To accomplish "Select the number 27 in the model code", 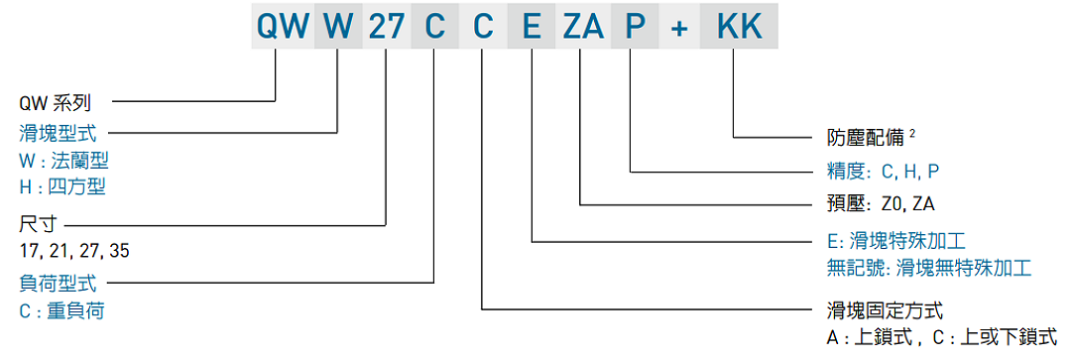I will (386, 27).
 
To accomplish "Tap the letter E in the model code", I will (533, 27).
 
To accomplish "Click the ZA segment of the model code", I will (582, 27).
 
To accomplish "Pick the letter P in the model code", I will (632, 27).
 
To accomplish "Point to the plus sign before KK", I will (679, 27).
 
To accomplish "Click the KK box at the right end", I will (739, 27).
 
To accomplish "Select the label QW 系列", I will (56, 102).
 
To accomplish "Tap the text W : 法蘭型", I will (63, 160).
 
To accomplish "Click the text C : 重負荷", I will (62, 310).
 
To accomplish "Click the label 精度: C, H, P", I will (883, 171).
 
